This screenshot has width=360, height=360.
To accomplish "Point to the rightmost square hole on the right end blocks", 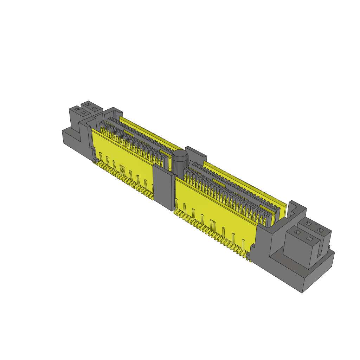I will click(x=320, y=230).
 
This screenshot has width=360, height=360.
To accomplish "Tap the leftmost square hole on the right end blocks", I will click(x=297, y=232).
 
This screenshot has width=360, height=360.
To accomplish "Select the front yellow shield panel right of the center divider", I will click(x=211, y=204).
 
